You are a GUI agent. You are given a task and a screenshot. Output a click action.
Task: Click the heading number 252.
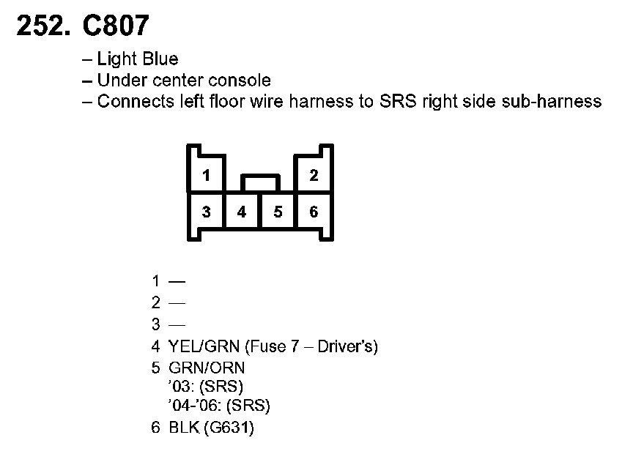42,26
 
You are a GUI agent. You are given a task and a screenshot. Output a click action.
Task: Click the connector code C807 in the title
115,26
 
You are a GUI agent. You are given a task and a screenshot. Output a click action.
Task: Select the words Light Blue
138,59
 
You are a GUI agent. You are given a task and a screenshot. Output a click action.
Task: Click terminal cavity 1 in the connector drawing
207,176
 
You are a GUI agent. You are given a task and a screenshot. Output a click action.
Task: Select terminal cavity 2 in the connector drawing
314,176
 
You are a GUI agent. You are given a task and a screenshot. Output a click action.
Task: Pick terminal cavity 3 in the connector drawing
207,212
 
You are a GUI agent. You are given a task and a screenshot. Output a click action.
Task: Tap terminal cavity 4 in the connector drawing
242,212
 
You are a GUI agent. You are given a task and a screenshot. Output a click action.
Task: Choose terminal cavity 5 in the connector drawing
278,212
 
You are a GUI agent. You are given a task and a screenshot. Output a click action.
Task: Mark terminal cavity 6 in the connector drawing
314,212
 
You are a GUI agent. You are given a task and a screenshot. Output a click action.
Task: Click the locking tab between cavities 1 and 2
260,182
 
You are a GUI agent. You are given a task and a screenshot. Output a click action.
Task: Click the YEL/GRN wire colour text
201,346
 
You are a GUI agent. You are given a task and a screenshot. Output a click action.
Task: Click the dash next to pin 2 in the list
177,302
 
